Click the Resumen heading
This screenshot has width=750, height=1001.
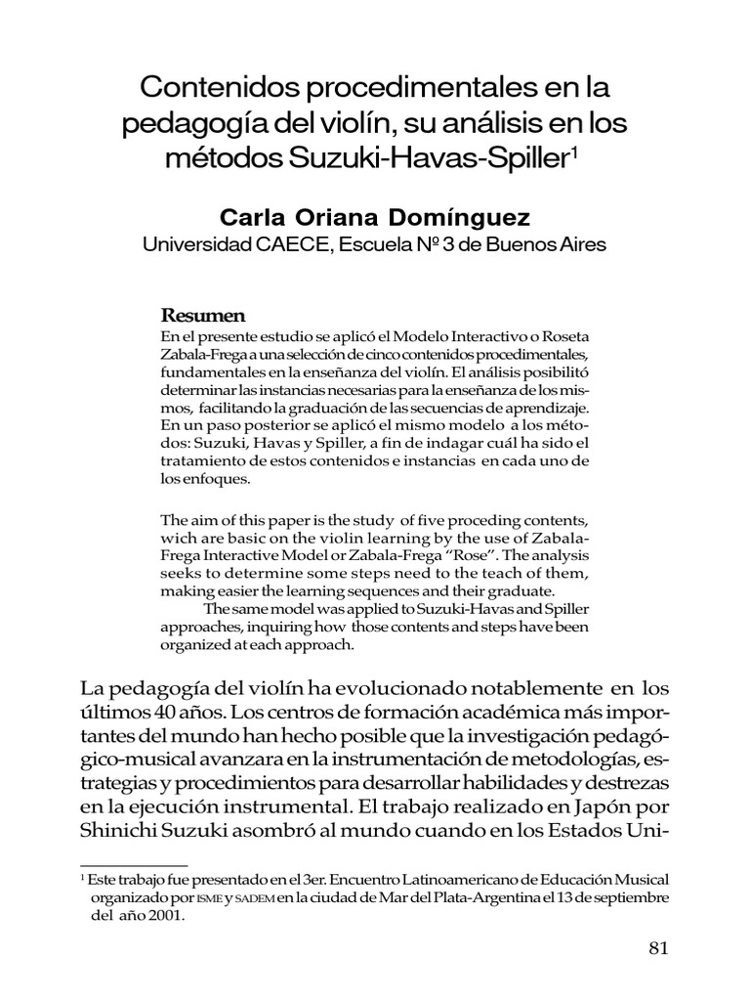(x=202, y=316)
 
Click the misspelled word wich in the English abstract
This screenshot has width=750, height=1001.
(x=176, y=537)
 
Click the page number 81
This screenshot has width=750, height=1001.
(x=657, y=948)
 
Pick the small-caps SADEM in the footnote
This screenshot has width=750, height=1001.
(x=255, y=898)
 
